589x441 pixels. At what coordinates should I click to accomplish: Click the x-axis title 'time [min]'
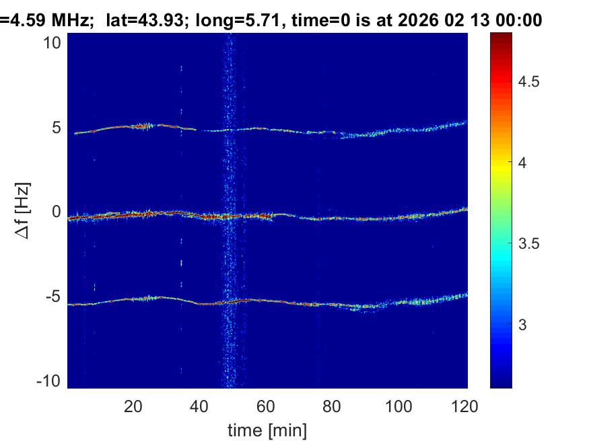(267, 428)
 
